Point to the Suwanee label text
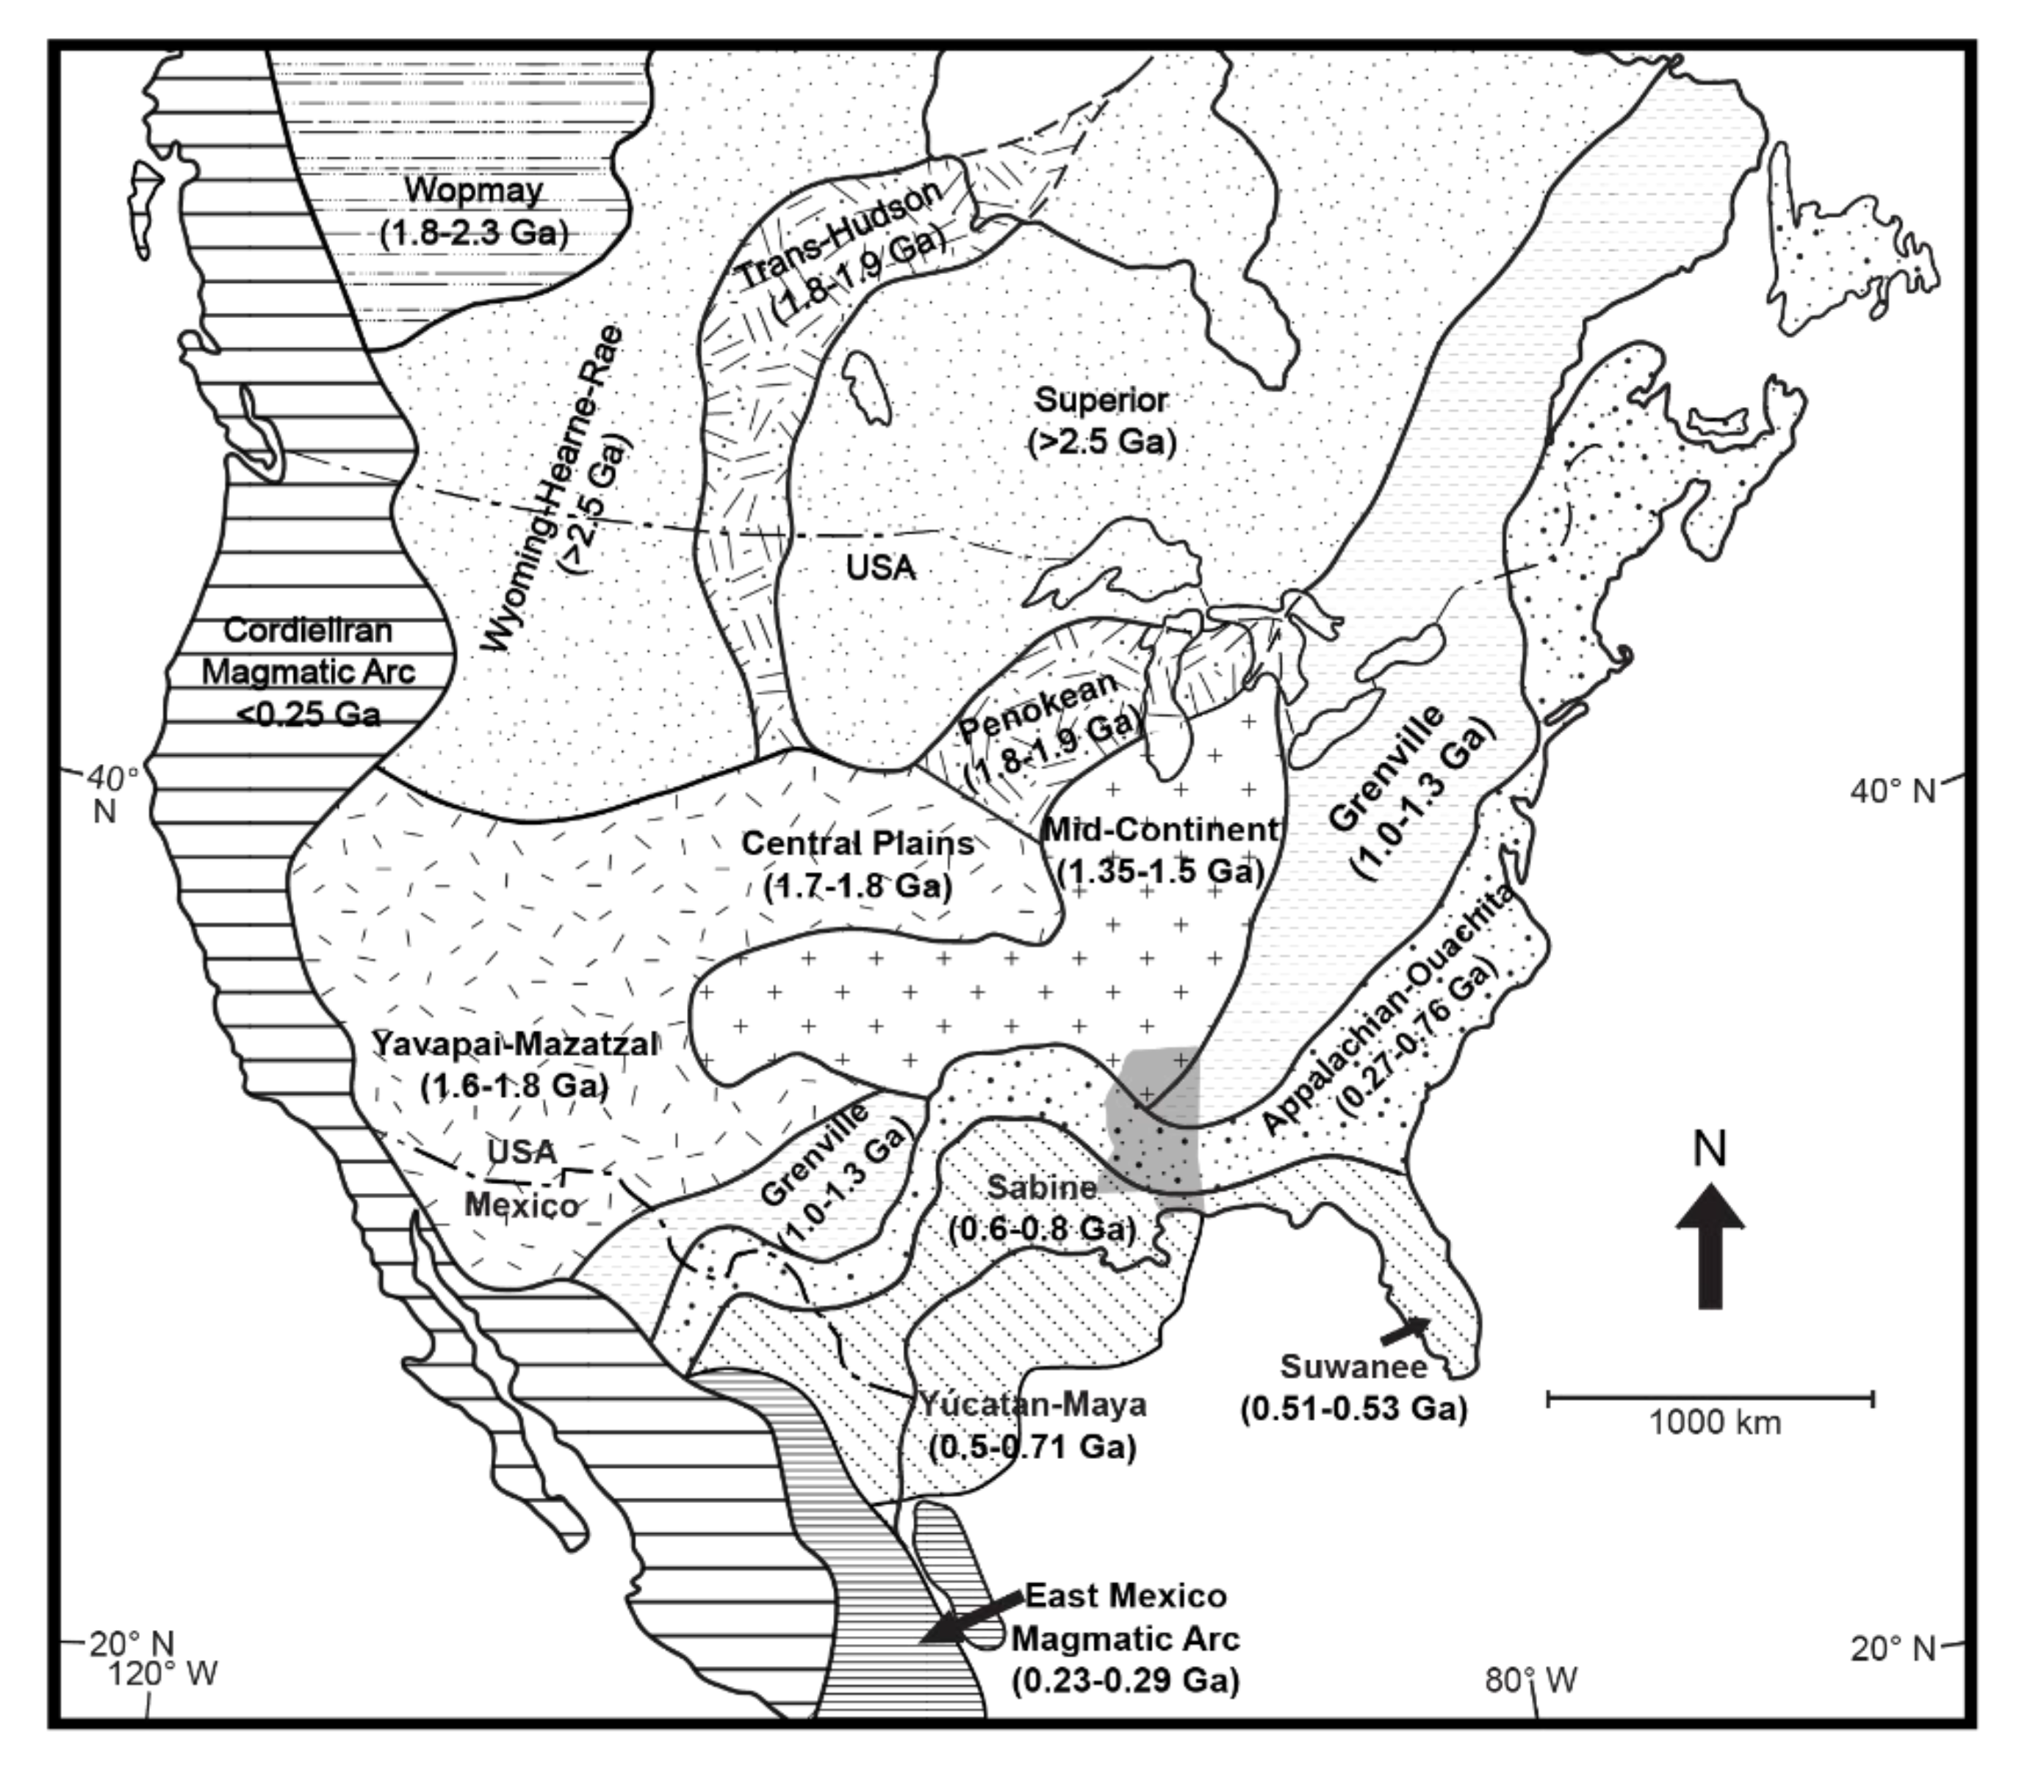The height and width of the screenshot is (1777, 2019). coord(1353,1367)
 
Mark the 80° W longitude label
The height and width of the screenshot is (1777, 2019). coord(1530,1679)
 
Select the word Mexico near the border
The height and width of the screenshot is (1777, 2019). coord(522,1205)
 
